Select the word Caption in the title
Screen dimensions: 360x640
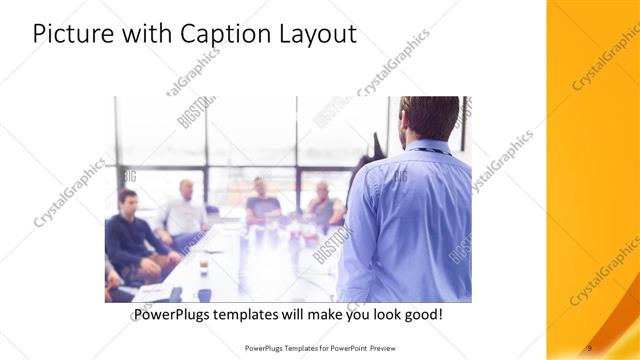click(217, 35)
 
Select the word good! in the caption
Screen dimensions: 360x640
click(423, 315)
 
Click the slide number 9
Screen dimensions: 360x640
click(589, 347)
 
